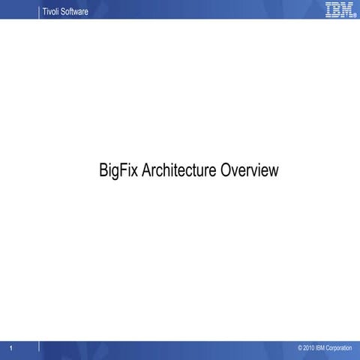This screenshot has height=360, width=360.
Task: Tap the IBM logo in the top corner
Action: [x=339, y=9]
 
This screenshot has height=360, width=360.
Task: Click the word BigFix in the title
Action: [x=118, y=170]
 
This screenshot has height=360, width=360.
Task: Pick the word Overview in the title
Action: [x=249, y=170]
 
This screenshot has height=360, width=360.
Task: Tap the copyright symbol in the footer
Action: [x=300, y=349]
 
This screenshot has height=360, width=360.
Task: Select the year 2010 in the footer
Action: [x=309, y=349]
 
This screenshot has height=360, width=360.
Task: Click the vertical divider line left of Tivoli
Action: [x=39, y=9]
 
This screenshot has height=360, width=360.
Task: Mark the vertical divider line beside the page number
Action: [x=39, y=348]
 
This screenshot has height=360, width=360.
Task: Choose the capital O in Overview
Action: [x=226, y=170]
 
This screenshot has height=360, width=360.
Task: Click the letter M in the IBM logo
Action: [x=346, y=9]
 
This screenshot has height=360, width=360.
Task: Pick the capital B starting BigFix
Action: [x=103, y=170]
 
